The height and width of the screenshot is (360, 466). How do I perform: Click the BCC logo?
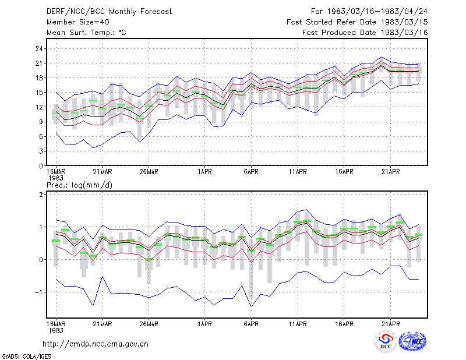(386, 341)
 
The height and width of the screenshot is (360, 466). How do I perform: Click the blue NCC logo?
(412, 341)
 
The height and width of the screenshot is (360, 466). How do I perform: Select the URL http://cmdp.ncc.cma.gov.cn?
(96, 344)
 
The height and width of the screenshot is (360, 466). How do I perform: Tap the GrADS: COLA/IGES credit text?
(26, 357)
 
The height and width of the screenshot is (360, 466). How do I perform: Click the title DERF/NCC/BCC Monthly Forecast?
(109, 12)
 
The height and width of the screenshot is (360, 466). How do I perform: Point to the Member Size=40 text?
(78, 22)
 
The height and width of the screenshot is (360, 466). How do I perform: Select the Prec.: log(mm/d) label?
(79, 185)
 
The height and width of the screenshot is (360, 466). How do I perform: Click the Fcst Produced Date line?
(365, 33)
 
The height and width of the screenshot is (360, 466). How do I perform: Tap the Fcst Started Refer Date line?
(357, 22)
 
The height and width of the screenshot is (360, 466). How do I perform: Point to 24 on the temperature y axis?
(39, 49)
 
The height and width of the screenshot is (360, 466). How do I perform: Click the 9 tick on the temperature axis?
(41, 122)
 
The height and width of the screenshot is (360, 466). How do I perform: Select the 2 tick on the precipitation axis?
(41, 195)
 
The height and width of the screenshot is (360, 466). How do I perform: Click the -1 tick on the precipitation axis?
(39, 292)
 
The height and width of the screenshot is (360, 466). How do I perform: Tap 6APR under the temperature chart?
(251, 172)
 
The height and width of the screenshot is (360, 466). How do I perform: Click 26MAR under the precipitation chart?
(149, 324)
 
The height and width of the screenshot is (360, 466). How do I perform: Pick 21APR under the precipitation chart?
(390, 324)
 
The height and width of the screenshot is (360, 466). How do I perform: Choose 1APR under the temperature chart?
(204, 172)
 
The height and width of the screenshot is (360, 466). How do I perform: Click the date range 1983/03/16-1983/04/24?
(377, 12)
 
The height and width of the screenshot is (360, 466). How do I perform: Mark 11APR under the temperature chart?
(298, 172)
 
